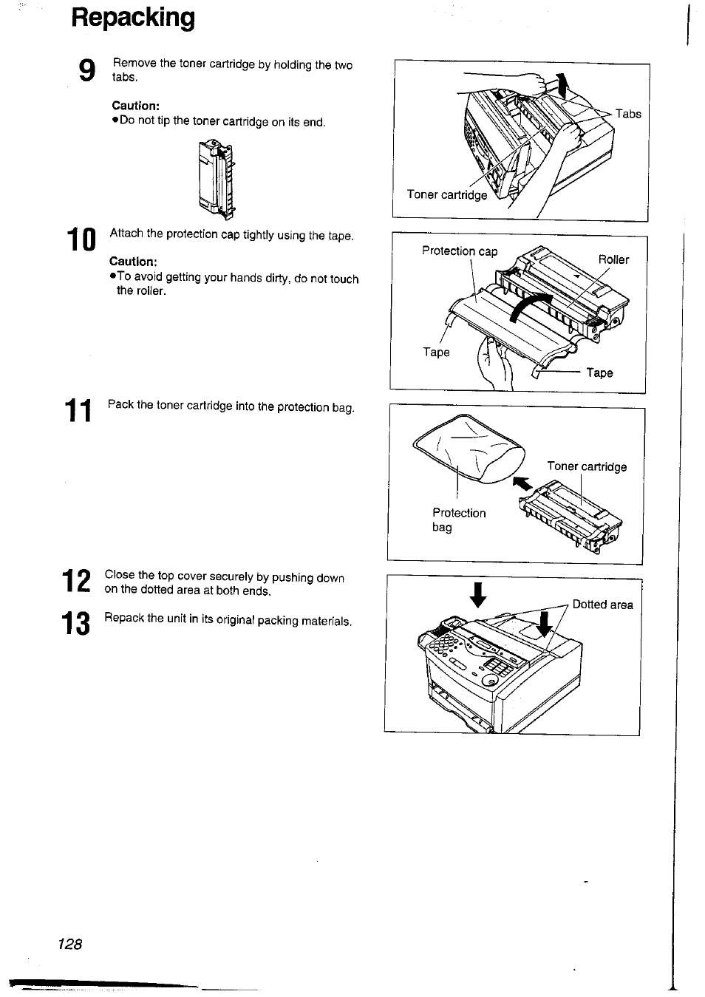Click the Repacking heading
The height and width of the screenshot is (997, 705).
coord(133,17)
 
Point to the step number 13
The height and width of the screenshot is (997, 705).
coord(77,624)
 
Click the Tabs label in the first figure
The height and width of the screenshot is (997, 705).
coord(628,114)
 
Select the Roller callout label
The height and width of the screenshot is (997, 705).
coord(613,259)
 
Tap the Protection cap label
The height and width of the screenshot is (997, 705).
coord(460,251)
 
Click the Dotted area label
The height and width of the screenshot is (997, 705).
coord(602,605)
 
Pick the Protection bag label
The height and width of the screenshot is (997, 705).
coord(458,520)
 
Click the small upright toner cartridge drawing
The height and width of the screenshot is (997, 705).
coord(216,180)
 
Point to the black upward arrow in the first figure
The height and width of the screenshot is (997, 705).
coord(564,86)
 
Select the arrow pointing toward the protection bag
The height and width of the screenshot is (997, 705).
coord(522,483)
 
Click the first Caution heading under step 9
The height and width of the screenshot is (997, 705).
coord(135,106)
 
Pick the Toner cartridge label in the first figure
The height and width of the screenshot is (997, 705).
coord(447,194)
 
